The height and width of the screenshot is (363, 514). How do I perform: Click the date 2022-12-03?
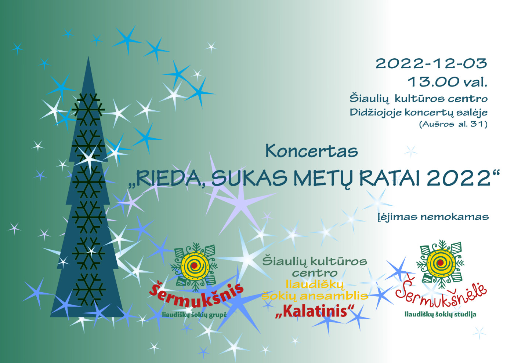431,63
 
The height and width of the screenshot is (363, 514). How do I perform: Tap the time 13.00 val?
448,81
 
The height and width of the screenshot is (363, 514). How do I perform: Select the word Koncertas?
312,151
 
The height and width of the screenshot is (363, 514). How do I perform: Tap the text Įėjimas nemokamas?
433,217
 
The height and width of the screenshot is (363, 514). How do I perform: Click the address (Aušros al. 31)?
453,124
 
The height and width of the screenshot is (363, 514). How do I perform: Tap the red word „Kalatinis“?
315,312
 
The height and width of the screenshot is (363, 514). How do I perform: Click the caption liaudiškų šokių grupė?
194,315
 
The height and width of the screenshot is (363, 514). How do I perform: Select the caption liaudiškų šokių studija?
440,314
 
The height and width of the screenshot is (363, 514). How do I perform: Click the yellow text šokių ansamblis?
315,296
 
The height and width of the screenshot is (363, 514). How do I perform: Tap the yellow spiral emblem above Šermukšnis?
195,266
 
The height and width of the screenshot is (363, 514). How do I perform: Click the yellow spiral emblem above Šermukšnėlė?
440,263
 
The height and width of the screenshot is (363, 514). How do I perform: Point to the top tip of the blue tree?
88,56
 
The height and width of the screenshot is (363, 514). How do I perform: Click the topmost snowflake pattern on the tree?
88,110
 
